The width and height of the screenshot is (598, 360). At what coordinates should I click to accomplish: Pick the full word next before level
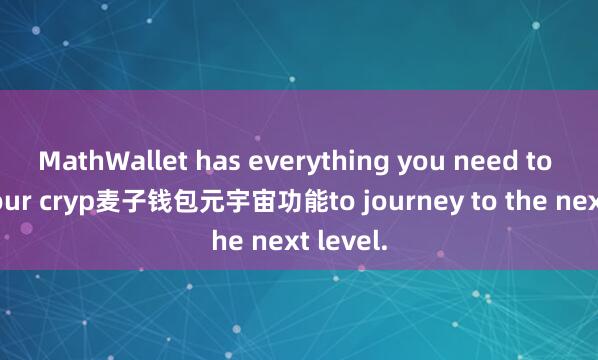[278, 240]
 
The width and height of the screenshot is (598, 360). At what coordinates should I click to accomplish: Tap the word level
[352, 240]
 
